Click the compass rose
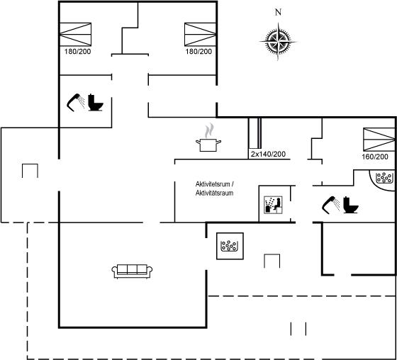tap(278, 41)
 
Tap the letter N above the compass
tap(278, 12)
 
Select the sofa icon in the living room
tap(132, 271)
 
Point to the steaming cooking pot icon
tap(208, 138)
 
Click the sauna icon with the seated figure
tap(273, 205)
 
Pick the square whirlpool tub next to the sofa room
tap(230, 246)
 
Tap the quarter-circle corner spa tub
tap(383, 180)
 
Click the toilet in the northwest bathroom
tap(96, 103)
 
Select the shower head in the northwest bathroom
tap(76, 102)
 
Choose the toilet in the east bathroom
tap(351, 205)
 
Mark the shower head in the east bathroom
tap(331, 205)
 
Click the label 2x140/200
tap(268, 154)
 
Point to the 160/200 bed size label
tap(375, 157)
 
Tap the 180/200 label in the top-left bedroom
tap(77, 52)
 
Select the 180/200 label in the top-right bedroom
tap(198, 52)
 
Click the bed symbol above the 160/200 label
tap(379, 140)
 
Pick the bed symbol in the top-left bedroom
tap(75, 35)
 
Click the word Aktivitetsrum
tap(213, 184)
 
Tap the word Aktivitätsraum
tap(214, 193)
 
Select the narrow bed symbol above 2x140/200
tap(259, 133)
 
